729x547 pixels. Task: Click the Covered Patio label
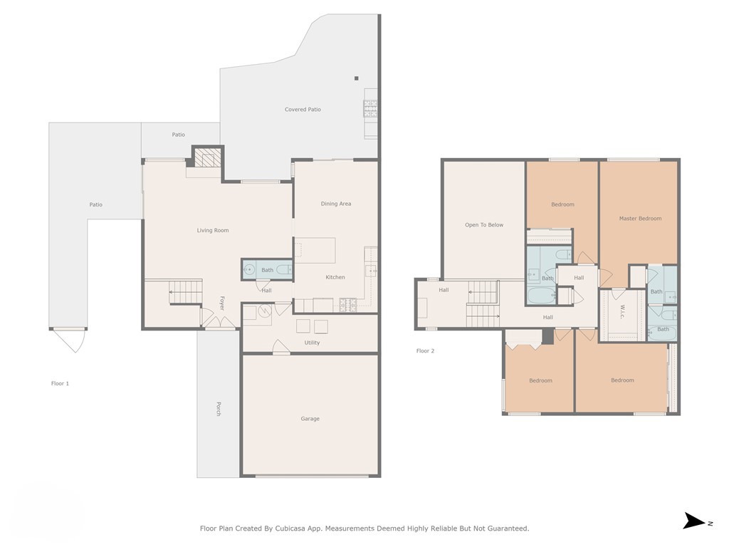coord(303,110)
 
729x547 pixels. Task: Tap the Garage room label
coord(310,419)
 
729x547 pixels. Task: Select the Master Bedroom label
coord(640,219)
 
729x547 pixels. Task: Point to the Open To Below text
coord(484,225)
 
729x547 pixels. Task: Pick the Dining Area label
coord(335,204)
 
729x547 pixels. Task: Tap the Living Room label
coord(213,230)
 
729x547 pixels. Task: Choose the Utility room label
coord(312,343)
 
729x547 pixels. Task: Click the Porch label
coord(219,409)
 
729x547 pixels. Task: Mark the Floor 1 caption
coord(60,383)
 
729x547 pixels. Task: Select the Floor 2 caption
coord(425,350)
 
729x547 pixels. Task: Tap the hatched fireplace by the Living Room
coord(208,158)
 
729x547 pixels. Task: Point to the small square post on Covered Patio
coord(357,78)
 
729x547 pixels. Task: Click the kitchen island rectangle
coord(315,250)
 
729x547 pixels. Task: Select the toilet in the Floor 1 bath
coord(283,270)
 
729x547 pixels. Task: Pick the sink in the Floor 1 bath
coord(249,269)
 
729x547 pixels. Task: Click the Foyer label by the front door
coord(221,303)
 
